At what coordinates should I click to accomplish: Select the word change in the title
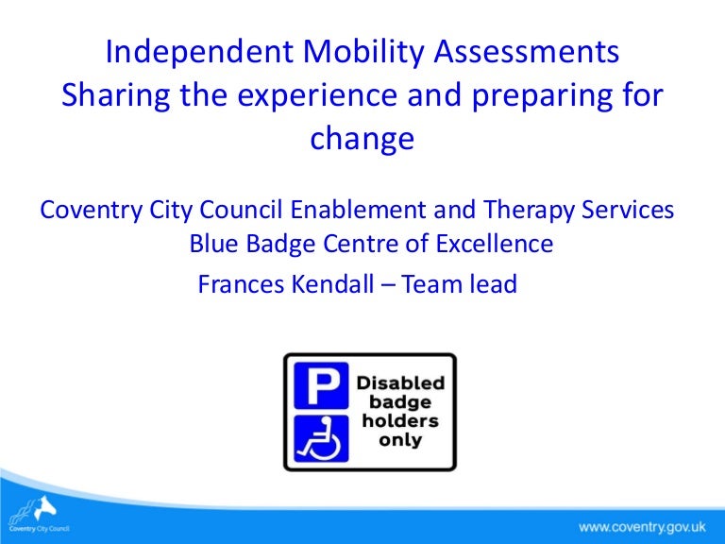tap(362, 139)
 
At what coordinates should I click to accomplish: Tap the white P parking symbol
tap(321, 386)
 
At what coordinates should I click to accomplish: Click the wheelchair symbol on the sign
tap(321, 437)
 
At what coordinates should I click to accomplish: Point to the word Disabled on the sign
tap(399, 383)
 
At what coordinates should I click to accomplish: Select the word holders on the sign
tap(399, 422)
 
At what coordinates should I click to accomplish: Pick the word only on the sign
tap(399, 441)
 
